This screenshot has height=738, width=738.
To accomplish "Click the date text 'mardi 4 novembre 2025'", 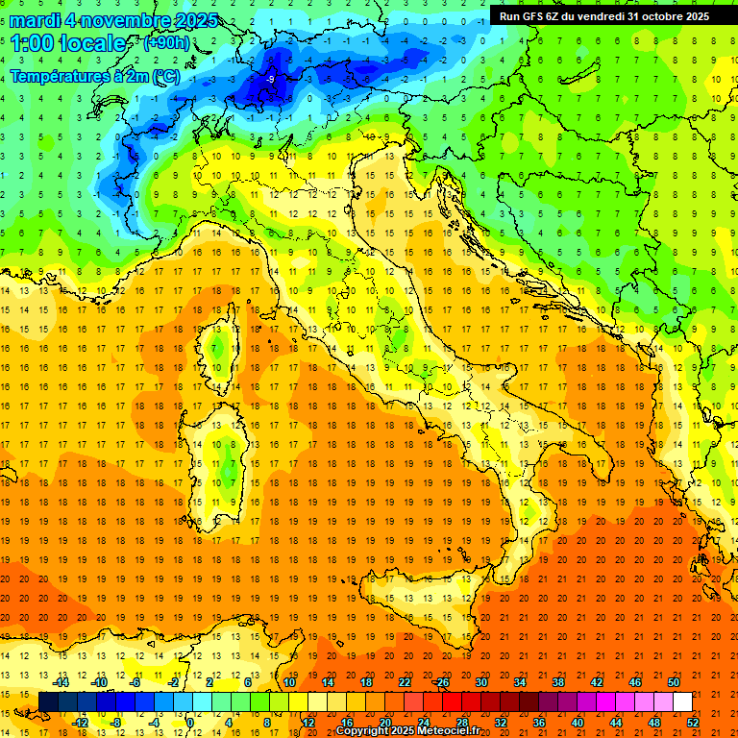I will click(x=113, y=20).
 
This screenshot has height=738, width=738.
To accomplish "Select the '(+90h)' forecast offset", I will click(x=166, y=43).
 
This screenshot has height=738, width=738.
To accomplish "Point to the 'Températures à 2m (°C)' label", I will click(x=94, y=76).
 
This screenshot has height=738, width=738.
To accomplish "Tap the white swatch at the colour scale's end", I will click(x=682, y=702).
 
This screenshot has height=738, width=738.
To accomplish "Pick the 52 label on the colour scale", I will click(x=694, y=723).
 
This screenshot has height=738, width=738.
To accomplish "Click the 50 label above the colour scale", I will click(x=674, y=682).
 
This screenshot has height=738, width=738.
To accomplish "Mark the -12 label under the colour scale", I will click(x=81, y=723).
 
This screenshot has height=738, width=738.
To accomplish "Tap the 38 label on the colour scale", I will click(x=558, y=682).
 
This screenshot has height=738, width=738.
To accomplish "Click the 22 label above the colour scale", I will click(x=405, y=682).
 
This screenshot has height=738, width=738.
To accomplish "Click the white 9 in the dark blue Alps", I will click(x=272, y=79).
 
